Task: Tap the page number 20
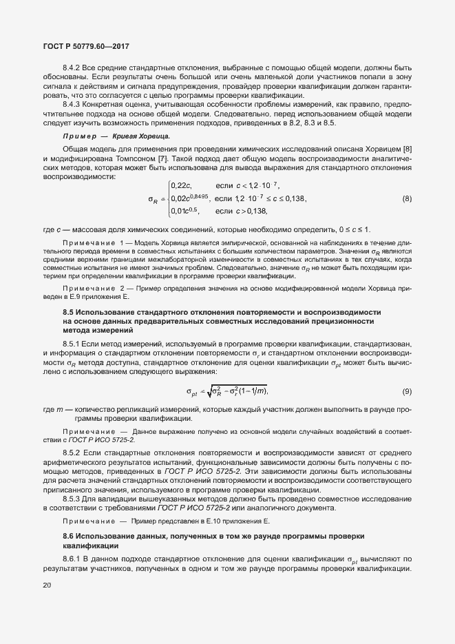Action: pyautogui.click(x=47, y=585)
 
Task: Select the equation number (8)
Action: pyautogui.click(x=407, y=199)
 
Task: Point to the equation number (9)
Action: pyautogui.click(x=407, y=391)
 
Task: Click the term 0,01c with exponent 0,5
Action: pyautogui.click(x=184, y=211)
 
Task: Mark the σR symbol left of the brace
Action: pyautogui.click(x=152, y=199)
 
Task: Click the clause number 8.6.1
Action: pyautogui.click(x=74, y=559)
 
